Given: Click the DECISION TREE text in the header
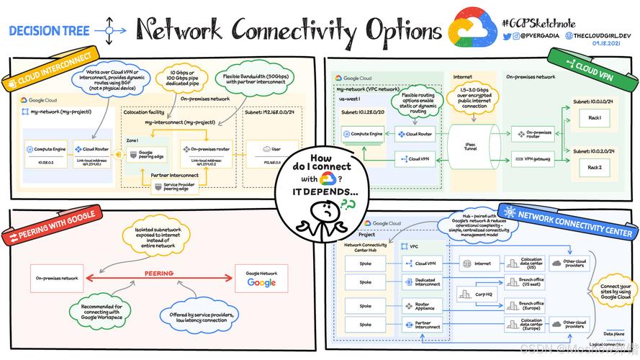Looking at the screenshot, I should point(49,31).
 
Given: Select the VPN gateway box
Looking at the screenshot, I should point(533,158).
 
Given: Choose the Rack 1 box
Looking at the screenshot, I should point(594,118).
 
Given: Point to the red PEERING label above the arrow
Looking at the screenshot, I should point(158,274).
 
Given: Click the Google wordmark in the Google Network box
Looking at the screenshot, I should point(261,282).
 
